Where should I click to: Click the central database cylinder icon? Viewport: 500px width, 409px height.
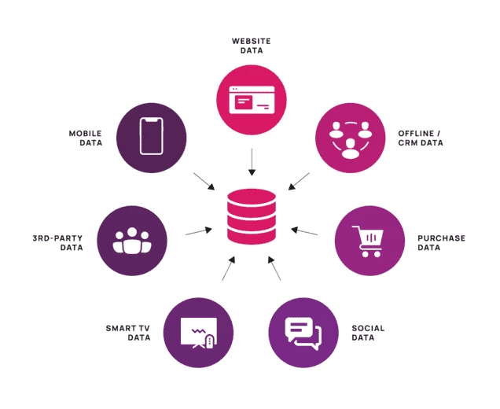tap(251, 218)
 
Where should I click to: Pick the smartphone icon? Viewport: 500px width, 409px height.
tap(153, 136)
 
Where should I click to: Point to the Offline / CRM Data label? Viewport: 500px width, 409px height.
tap(420, 138)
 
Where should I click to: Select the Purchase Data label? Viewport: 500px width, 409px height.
tap(441, 242)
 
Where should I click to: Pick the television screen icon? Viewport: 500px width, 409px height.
tap(197, 332)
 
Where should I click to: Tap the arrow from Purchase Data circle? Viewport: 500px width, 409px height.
tap(304, 231)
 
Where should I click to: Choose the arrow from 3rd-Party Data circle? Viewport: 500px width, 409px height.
tap(199, 231)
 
